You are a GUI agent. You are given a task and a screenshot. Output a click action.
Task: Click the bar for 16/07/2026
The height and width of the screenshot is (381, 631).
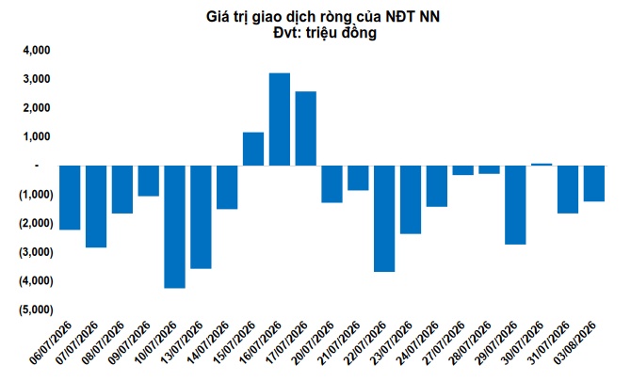click(280, 119)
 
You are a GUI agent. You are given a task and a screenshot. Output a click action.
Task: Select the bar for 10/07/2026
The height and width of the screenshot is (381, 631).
click(174, 227)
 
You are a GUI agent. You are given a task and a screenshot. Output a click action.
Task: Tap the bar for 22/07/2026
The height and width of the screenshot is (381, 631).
click(384, 218)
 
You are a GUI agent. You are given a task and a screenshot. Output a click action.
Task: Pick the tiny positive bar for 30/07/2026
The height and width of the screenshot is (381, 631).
click(542, 165)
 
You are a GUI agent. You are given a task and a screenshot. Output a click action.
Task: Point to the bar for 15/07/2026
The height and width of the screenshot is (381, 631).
click(253, 149)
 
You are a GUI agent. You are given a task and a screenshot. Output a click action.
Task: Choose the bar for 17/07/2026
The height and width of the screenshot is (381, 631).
click(306, 129)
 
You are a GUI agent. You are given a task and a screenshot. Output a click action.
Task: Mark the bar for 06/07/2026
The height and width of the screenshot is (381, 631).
click(70, 198)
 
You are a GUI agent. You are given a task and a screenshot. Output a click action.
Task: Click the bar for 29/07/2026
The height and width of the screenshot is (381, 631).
click(515, 205)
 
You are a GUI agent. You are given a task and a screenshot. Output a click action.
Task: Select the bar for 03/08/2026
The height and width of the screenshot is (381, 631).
click(594, 183)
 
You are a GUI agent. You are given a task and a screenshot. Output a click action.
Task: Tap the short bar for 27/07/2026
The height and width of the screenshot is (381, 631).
click(462, 170)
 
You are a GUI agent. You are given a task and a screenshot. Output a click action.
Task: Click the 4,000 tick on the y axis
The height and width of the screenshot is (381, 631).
click(37, 50)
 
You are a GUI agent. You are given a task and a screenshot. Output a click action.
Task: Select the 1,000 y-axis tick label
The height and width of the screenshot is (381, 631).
click(37, 136)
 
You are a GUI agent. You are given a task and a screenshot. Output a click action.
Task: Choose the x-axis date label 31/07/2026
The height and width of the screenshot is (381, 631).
click(549, 342)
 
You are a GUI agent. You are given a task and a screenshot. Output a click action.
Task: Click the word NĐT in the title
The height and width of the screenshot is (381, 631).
click(400, 17)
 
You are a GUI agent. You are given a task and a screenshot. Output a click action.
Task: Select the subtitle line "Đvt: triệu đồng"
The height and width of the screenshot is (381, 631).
click(325, 33)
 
